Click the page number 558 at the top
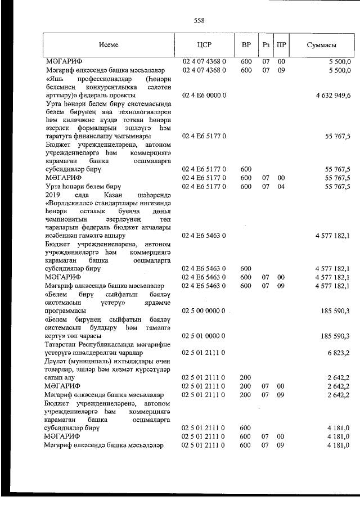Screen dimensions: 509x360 (199, 21)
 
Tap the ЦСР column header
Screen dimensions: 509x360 (204, 44)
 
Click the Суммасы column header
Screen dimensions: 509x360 (322, 44)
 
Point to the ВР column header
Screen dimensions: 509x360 (246, 44)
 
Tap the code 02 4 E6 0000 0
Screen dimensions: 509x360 (204, 96)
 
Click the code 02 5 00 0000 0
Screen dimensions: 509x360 (204, 310)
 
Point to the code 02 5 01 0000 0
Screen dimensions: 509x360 (204, 336)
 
